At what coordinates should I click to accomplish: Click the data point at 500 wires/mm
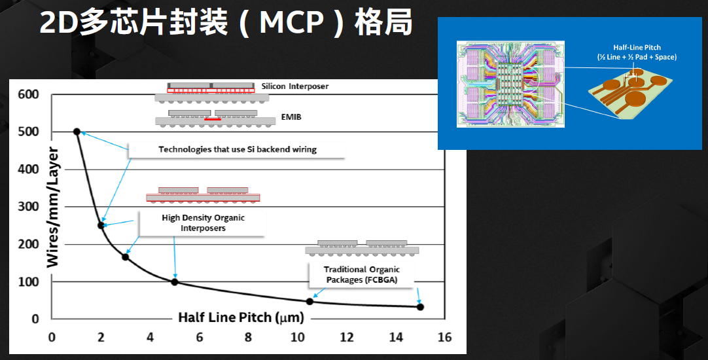[77, 132]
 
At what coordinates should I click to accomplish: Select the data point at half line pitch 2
[101, 225]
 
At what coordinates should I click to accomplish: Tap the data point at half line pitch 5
[175, 282]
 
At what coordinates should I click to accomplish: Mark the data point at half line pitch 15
[420, 307]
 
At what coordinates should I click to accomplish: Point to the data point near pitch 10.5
[310, 301]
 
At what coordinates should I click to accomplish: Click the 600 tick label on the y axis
[28, 94]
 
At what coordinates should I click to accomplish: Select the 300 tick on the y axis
[28, 206]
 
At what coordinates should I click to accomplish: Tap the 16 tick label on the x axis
[444, 337]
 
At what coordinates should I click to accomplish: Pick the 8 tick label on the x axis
[249, 337]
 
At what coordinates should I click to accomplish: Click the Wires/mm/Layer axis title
[53, 207]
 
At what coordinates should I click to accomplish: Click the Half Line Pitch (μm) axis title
[241, 317]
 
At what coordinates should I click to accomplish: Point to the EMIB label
[291, 117]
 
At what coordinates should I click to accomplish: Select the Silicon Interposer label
[295, 86]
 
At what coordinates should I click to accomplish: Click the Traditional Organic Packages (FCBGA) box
[362, 275]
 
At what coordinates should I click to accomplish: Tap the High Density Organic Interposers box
[203, 223]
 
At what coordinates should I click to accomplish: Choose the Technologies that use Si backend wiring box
[238, 149]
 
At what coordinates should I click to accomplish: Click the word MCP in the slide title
[292, 23]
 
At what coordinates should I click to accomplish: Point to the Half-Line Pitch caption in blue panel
[637, 52]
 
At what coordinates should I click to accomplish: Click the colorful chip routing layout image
[510, 84]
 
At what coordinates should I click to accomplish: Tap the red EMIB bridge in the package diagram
[213, 119]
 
